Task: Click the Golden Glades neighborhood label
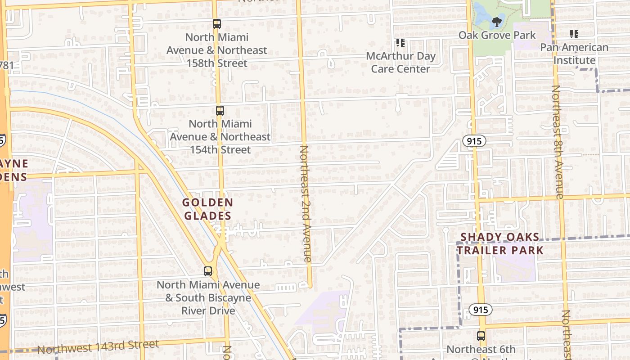207,209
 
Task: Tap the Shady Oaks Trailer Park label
500,243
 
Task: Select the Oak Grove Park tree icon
497,22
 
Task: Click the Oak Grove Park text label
497,35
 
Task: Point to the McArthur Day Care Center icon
400,43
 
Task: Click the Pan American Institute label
574,54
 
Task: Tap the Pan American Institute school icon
574,34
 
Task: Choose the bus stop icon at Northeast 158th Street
217,24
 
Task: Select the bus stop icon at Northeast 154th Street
220,111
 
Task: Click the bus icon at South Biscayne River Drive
207,271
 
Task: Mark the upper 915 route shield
474,141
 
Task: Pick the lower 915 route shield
480,310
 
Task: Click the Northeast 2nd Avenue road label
305,203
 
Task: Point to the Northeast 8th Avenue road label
557,142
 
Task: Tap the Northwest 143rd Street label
98,347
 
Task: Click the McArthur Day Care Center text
400,63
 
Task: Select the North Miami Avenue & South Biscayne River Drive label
208,297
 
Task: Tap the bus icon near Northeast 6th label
481,336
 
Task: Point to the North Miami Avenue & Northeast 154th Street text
220,136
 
